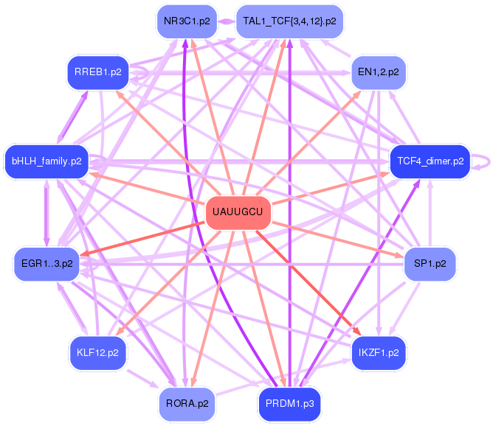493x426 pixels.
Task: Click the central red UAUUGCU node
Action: click(x=238, y=213)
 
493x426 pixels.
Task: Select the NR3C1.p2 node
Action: click(x=186, y=21)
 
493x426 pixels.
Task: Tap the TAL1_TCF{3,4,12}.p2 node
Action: click(x=289, y=21)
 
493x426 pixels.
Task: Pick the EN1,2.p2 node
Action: click(x=378, y=72)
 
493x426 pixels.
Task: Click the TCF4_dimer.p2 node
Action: click(x=430, y=161)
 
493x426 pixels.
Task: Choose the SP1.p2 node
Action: click(x=430, y=264)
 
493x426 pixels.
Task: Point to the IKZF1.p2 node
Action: click(x=378, y=352)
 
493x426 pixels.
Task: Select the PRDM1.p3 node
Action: click(x=289, y=403)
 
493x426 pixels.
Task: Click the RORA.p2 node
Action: click(x=186, y=403)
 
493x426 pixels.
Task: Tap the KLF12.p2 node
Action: click(x=97, y=352)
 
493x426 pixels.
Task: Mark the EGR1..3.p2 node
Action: click(x=46, y=264)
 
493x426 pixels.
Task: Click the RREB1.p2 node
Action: click(x=97, y=72)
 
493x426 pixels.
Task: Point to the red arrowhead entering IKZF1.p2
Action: click(x=356, y=332)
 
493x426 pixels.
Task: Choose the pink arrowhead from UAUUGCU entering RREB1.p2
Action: click(x=117, y=91)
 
